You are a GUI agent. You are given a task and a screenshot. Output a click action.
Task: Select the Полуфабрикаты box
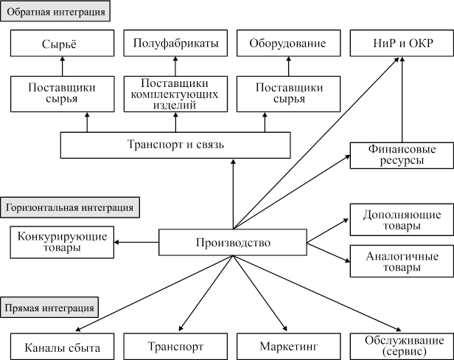click(x=175, y=44)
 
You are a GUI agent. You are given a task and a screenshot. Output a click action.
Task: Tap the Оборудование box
click(x=288, y=44)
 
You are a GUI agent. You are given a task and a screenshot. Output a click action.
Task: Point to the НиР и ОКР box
click(x=402, y=44)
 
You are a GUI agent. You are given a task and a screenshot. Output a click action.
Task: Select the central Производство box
click(x=233, y=243)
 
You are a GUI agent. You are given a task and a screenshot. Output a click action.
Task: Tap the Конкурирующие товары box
click(x=61, y=242)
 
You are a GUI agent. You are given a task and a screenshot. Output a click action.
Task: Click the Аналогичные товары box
click(x=402, y=262)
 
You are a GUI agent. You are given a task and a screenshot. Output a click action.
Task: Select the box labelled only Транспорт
click(x=175, y=346)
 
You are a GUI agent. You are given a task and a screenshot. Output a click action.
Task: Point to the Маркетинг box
click(x=288, y=346)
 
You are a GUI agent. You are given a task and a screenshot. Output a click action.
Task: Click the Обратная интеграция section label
click(x=57, y=13)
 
